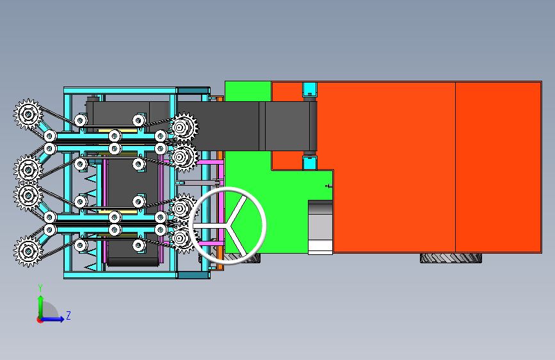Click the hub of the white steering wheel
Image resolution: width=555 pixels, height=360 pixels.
click(x=229, y=223)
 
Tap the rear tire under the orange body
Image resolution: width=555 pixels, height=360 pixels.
click(x=451, y=258)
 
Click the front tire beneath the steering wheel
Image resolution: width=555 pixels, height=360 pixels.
click(x=242, y=259)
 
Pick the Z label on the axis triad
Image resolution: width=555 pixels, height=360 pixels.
click(x=68, y=316)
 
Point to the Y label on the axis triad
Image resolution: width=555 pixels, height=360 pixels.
click(x=40, y=288)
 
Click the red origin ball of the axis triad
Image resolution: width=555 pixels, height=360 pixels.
click(x=40, y=319)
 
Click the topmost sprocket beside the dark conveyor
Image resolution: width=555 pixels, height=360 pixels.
click(x=184, y=127)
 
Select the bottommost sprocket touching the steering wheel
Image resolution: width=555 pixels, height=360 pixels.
click(x=182, y=238)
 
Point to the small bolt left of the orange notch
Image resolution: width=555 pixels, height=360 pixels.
click(x=328, y=186)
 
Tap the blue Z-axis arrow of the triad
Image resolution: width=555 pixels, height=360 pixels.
click(x=58, y=318)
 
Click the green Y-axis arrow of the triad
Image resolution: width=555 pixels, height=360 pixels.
click(x=41, y=304)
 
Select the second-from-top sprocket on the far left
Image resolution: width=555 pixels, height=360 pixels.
click(x=28, y=169)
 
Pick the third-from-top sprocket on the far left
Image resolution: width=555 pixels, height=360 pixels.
click(x=28, y=196)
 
